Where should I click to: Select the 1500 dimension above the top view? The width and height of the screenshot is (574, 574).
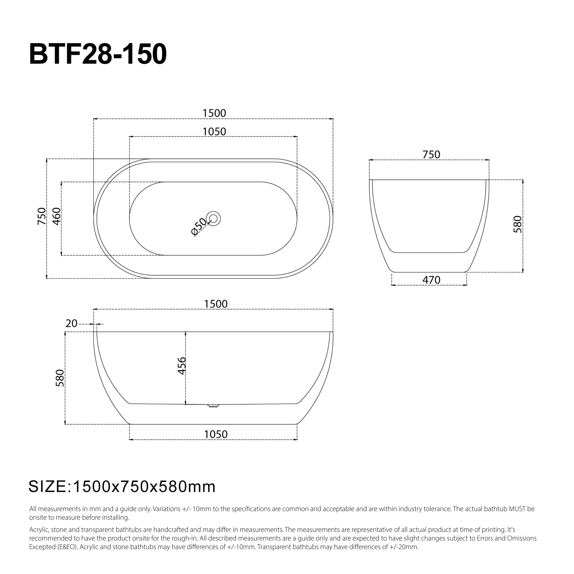(214, 113)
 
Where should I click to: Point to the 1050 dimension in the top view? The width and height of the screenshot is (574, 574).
(214, 132)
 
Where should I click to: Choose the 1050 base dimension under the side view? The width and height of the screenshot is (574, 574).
(216, 434)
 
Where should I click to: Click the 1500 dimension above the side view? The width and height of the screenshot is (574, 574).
(216, 304)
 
